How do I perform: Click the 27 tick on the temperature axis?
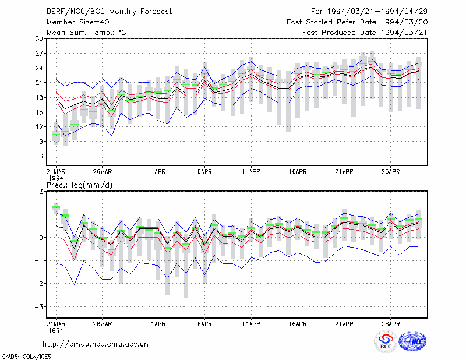39,54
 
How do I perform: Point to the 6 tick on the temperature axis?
41,156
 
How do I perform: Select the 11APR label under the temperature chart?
251,172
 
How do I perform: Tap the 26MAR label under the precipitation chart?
103,324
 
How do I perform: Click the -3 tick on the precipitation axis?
38,307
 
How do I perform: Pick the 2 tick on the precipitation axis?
41,192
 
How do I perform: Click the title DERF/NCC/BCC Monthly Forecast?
109,12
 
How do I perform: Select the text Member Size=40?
78,22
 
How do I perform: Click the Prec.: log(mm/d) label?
79,185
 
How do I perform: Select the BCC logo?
386,341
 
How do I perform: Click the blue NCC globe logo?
412,341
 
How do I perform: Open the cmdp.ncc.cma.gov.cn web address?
96,344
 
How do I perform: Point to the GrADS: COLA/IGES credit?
26,357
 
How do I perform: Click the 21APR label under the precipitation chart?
344,324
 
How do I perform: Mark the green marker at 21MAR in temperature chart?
56,135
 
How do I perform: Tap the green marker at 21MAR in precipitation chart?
56,207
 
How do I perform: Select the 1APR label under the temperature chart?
158,172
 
